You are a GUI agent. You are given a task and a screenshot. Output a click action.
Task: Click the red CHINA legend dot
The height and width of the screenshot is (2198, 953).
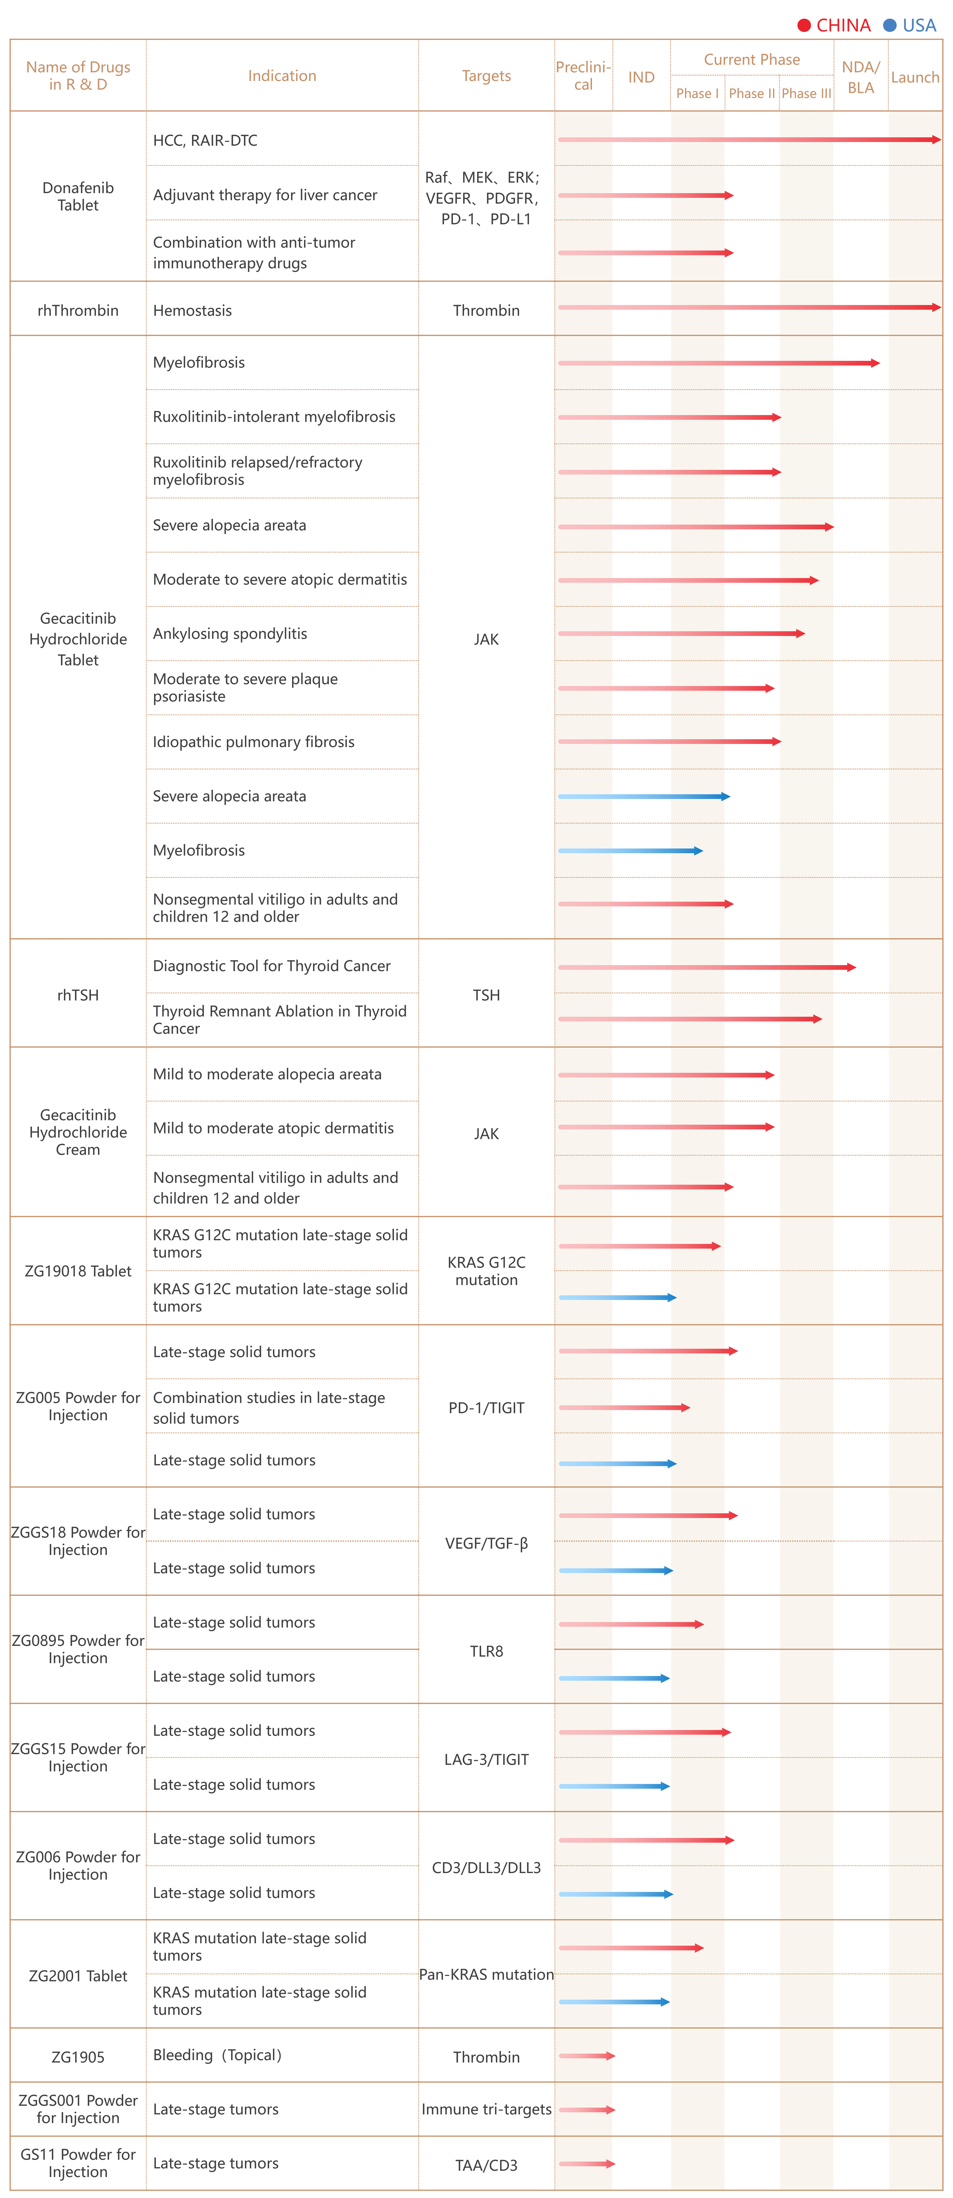804,26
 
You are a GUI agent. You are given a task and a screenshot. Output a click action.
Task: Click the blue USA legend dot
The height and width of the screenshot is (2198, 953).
890,26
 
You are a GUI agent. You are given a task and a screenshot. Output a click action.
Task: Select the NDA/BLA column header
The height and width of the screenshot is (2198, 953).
861,77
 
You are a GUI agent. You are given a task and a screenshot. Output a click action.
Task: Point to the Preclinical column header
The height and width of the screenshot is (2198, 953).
584,76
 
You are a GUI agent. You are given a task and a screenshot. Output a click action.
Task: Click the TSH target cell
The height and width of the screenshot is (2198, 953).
486,995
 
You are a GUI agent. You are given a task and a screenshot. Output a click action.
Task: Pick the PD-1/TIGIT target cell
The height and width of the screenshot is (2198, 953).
486,1408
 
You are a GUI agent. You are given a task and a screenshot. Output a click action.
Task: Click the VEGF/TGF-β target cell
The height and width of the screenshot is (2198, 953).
486,1543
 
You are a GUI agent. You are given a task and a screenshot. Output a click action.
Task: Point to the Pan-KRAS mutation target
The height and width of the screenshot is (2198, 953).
486,1974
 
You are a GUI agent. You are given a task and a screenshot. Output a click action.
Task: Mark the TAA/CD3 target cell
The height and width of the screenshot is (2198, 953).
486,2166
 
